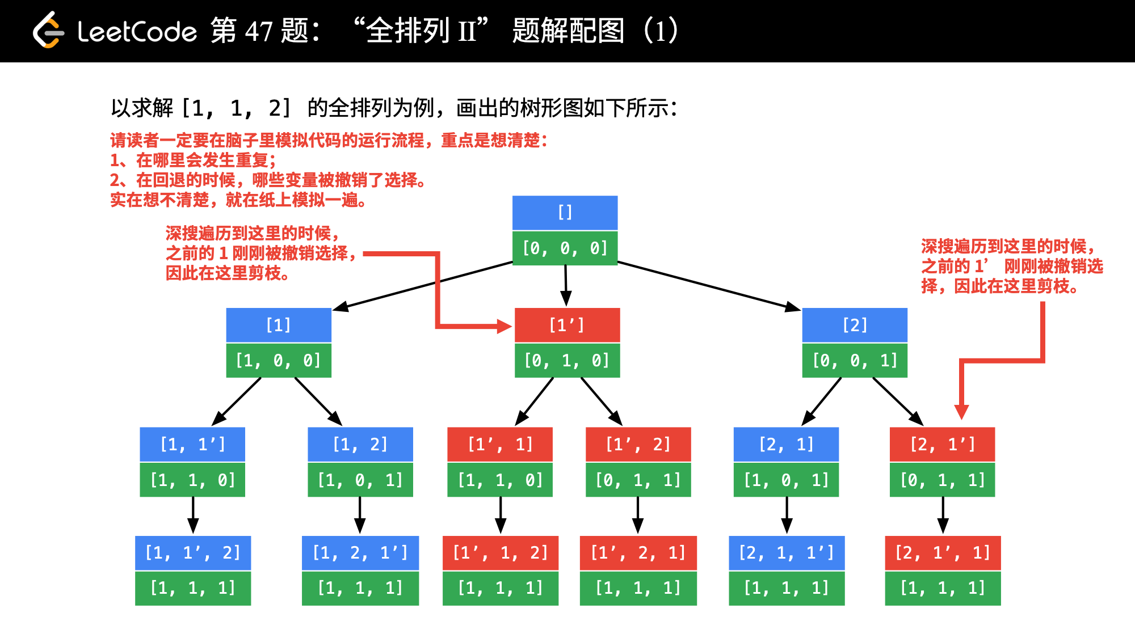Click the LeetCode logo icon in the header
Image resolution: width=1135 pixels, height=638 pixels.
pyautogui.click(x=48, y=30)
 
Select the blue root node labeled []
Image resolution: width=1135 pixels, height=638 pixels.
pyautogui.click(x=565, y=213)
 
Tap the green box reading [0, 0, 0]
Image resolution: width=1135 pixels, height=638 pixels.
pyautogui.click(x=565, y=248)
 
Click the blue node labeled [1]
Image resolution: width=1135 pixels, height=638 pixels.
pyautogui.click(x=279, y=325)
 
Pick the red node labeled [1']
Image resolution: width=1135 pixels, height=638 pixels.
pyautogui.click(x=567, y=325)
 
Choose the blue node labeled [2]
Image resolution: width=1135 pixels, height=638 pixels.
pyautogui.click(x=855, y=325)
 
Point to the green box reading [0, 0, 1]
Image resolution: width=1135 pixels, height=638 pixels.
pyautogui.click(x=855, y=360)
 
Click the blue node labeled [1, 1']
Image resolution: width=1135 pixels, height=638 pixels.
pyautogui.click(x=192, y=444)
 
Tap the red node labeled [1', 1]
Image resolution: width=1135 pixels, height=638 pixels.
pyautogui.click(x=500, y=444)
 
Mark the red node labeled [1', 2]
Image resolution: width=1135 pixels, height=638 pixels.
pyautogui.click(x=638, y=444)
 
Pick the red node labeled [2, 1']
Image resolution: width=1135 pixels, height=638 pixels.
pyautogui.click(x=942, y=444)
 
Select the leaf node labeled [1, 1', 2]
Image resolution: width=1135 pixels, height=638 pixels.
pyautogui.click(x=193, y=552)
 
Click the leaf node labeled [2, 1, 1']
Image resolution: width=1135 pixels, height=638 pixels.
pyautogui.click(x=787, y=552)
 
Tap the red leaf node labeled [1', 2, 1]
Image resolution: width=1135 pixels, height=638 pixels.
pyautogui.click(x=638, y=552)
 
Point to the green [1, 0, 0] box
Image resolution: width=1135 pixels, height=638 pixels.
pyautogui.click(x=279, y=360)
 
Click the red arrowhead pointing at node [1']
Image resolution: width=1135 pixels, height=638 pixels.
pyautogui.click(x=504, y=326)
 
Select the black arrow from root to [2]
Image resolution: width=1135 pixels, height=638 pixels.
pyautogui.click(x=709, y=286)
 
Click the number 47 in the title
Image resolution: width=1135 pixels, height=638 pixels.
pyautogui.click(x=259, y=31)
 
